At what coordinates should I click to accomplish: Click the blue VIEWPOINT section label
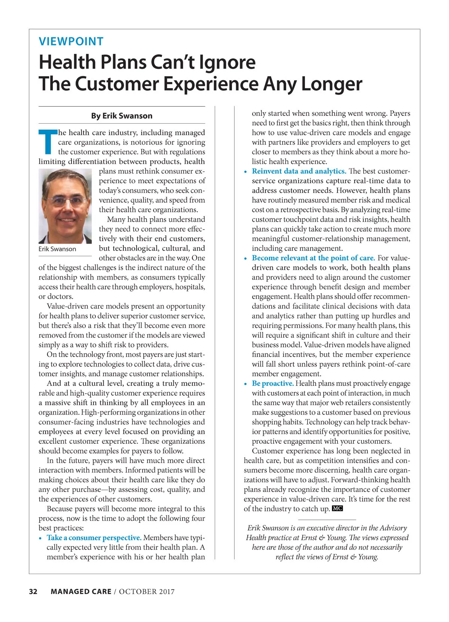point(71,41)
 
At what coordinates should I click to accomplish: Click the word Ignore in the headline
point(227,62)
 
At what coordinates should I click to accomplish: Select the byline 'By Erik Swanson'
point(122,116)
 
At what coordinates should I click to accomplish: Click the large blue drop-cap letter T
point(48,142)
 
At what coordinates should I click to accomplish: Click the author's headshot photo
point(65,206)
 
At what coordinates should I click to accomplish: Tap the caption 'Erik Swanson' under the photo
point(57,249)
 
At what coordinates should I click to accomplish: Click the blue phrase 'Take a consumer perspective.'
point(94,538)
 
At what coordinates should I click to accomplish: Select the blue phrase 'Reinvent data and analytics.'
point(299,171)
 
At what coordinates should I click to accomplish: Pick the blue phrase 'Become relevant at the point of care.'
point(313,258)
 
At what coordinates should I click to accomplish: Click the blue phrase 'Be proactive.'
point(273,384)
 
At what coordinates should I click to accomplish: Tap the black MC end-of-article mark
point(337,508)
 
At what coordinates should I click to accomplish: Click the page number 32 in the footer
point(33,591)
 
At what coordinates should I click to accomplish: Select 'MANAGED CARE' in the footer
point(81,591)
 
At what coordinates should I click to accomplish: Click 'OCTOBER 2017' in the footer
point(147,591)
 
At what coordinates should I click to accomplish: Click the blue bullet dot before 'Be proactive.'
point(245,384)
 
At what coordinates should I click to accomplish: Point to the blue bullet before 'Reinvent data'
point(245,172)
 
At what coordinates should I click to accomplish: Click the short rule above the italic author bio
point(327,520)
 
